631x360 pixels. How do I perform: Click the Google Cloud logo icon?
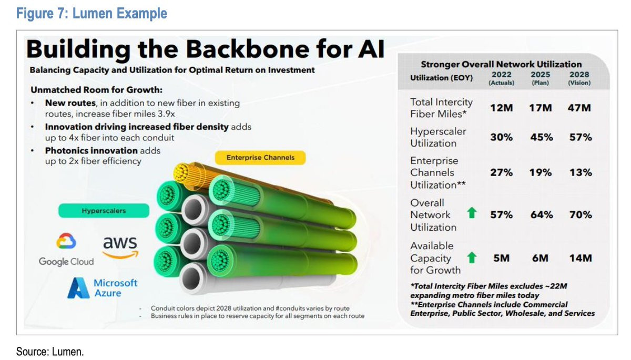66,242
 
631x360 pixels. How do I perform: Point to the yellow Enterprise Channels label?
260,157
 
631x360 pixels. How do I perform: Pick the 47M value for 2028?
580,108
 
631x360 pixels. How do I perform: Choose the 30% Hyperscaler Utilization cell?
501,137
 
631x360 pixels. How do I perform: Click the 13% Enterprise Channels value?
580,172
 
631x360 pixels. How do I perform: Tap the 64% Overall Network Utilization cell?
541,214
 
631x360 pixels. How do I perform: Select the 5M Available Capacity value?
501,258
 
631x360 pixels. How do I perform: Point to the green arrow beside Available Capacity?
472,258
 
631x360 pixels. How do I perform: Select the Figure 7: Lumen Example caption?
91,13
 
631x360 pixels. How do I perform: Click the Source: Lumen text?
50,351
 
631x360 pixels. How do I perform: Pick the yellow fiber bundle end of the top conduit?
184,172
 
